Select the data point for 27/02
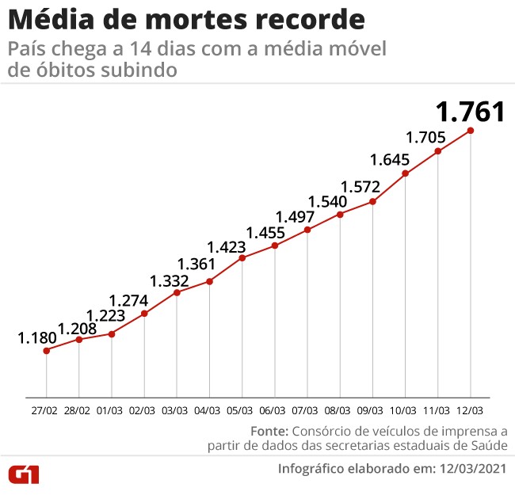(x=46, y=350)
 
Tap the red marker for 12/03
(x=471, y=131)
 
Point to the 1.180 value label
(x=37, y=338)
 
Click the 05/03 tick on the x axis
(x=242, y=410)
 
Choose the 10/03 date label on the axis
(x=405, y=410)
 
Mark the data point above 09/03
(x=372, y=202)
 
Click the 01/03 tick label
(x=112, y=410)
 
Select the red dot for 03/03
(x=177, y=293)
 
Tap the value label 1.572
(x=360, y=188)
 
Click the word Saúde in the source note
(x=488, y=447)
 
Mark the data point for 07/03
(x=307, y=230)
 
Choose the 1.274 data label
(x=128, y=301)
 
